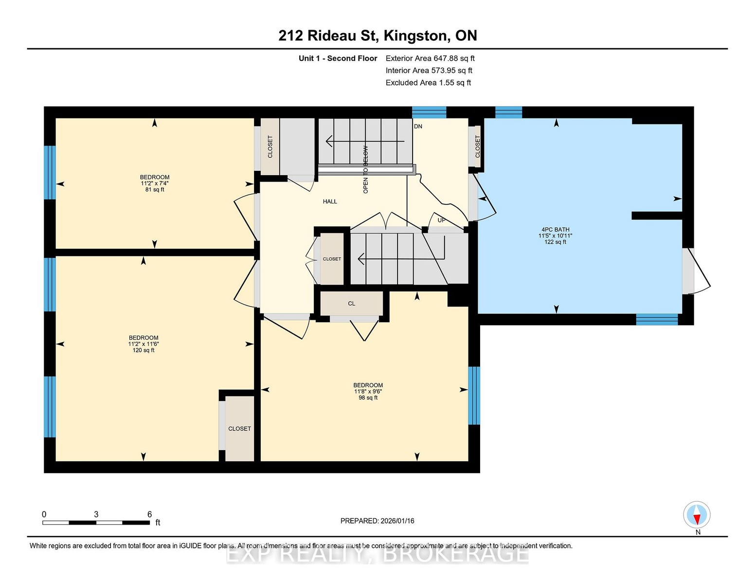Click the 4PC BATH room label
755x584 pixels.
tap(555, 229)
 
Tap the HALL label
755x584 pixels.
tap(330, 201)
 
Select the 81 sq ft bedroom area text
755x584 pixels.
tap(155, 190)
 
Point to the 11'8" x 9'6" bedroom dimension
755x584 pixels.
tap(368, 391)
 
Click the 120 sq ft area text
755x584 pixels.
tap(144, 350)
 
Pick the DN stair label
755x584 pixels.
tap(418, 127)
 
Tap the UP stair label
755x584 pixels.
tap(441, 220)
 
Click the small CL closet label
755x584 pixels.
tap(351, 304)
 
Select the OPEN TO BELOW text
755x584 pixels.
tap(365, 169)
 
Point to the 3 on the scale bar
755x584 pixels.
tap(96, 514)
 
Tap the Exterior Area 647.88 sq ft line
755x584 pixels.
tap(430, 58)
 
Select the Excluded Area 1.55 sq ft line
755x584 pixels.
tap(429, 83)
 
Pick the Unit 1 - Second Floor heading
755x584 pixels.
tap(338, 58)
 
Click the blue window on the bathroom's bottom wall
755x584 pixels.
tap(657, 319)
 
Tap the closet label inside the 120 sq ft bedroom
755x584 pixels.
tap(239, 429)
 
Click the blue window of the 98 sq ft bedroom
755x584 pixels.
tap(474, 396)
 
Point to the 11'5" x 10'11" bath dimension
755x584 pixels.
tap(555, 236)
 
